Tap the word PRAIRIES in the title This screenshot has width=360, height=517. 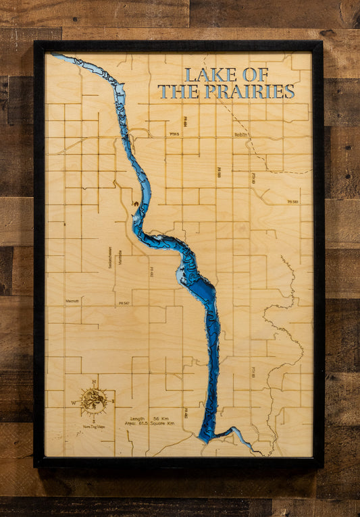point(261,92)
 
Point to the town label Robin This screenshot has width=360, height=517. point(259,136)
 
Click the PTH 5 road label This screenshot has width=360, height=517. point(174,134)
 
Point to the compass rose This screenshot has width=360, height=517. point(94,400)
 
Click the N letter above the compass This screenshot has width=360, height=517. point(94,383)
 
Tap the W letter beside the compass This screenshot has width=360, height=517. point(74,402)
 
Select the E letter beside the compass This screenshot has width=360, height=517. point(113,402)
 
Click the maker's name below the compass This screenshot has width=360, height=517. point(95,426)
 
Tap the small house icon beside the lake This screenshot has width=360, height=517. point(136,203)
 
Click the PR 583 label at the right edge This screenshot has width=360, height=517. point(292,202)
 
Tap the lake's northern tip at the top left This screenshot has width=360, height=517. point(56,57)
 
